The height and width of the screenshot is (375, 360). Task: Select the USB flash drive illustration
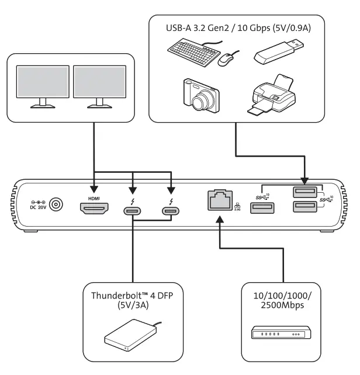[278, 52]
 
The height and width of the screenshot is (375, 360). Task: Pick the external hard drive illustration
[130, 339]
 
